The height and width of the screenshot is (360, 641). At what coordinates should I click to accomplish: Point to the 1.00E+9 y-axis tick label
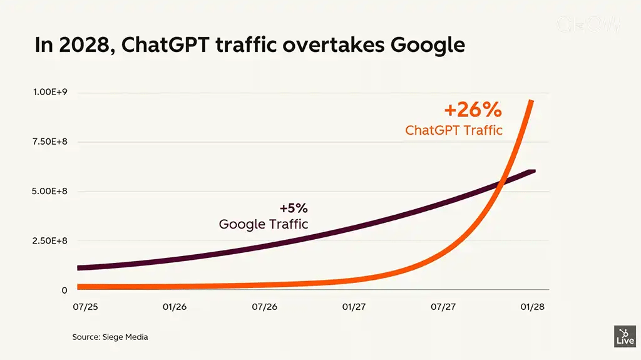tap(51, 92)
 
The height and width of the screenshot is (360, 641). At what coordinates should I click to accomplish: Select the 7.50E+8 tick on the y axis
tap(51, 141)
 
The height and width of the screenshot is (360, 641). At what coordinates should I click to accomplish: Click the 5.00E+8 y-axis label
tap(51, 191)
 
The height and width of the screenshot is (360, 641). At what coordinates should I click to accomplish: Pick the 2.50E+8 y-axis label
tap(51, 240)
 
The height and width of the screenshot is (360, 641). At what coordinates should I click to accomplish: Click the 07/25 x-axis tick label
tap(85, 307)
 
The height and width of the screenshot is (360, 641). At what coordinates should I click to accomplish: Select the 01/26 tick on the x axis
tap(175, 307)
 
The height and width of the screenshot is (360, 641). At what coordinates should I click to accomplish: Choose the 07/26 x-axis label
tap(264, 307)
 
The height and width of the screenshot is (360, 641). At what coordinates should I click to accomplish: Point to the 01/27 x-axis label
tap(354, 307)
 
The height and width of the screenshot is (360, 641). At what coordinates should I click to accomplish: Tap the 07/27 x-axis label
tap(443, 307)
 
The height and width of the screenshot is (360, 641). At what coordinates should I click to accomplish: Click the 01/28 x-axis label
tap(533, 307)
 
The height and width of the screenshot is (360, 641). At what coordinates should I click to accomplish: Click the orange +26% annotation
tap(473, 110)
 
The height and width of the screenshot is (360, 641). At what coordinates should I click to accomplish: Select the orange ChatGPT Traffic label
tap(454, 130)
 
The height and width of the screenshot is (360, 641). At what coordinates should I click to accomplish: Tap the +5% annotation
tap(294, 208)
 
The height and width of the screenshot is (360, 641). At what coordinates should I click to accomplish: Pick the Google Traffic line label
tap(264, 224)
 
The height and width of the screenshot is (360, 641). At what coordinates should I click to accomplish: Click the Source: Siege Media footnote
tap(110, 337)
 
